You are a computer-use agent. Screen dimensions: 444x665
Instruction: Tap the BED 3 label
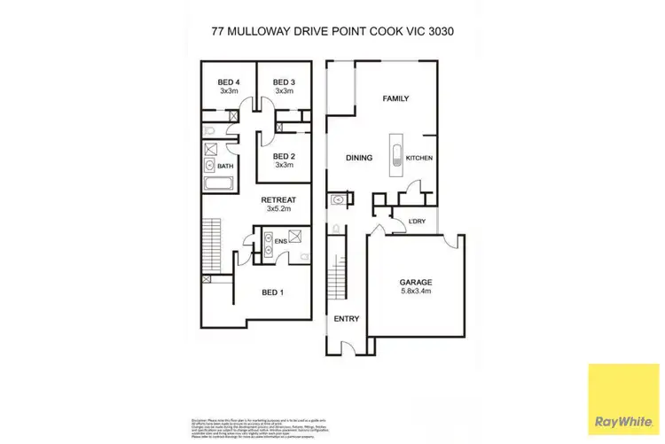click(x=284, y=82)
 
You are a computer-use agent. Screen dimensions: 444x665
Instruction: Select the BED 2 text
click(x=284, y=156)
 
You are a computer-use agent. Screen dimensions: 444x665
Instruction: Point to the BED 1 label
click(x=273, y=291)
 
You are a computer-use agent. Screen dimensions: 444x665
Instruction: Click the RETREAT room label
click(x=278, y=200)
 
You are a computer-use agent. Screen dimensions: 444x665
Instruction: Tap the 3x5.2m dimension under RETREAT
click(x=278, y=210)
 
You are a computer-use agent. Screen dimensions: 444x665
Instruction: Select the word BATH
click(x=225, y=166)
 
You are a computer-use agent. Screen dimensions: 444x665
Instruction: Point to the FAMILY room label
click(x=395, y=98)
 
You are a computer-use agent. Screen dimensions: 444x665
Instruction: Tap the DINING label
click(x=358, y=159)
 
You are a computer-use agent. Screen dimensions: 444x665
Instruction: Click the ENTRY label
click(x=345, y=318)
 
